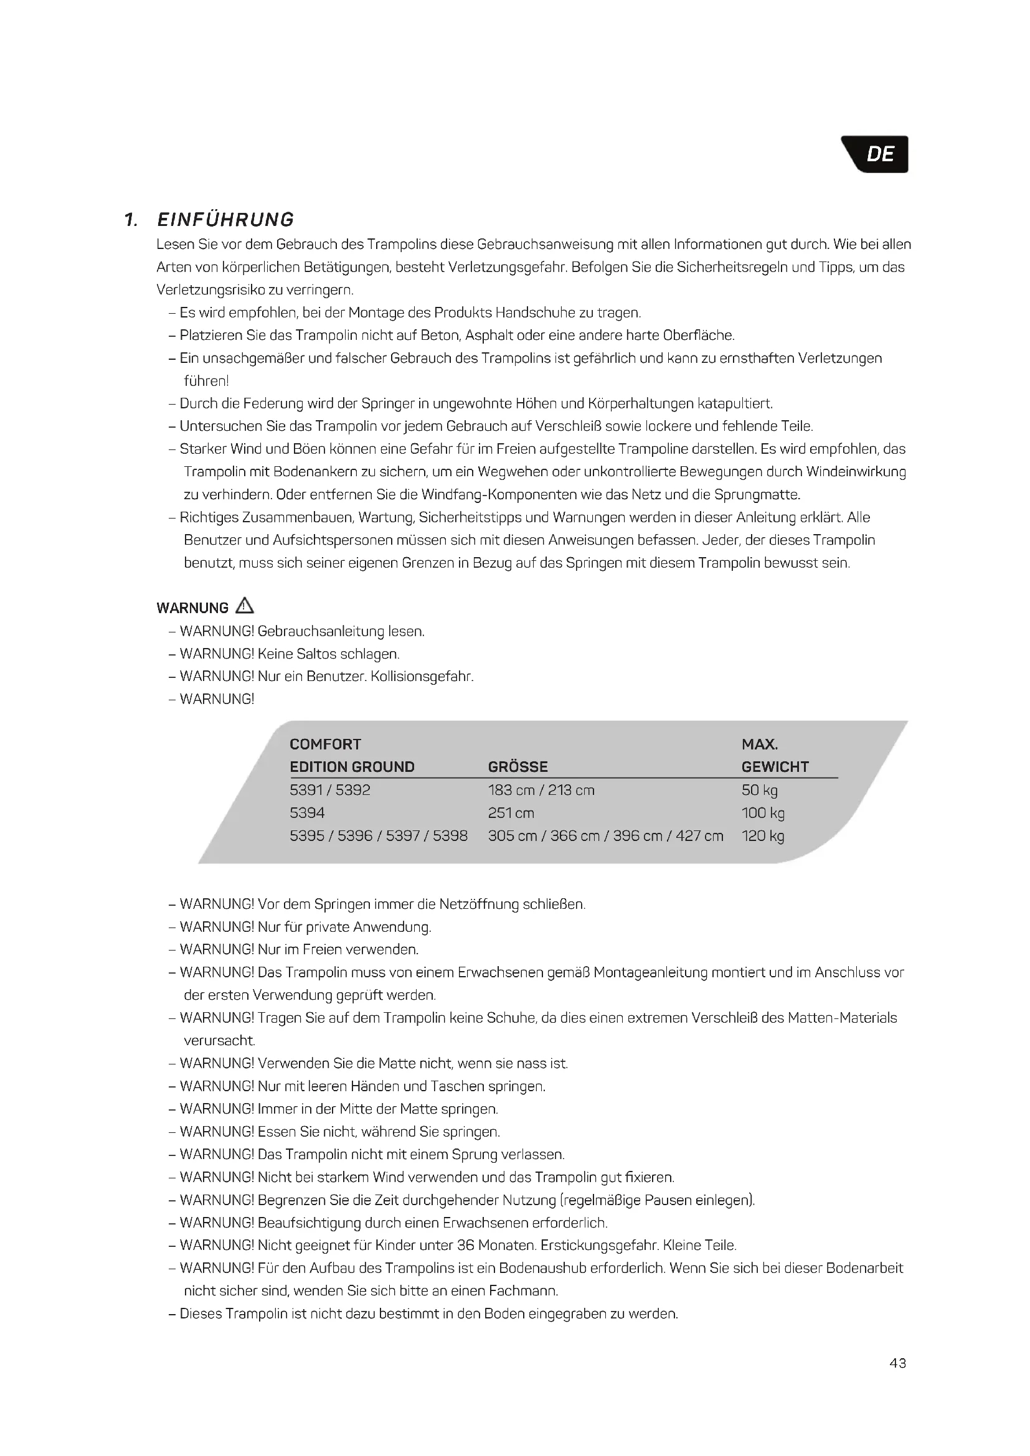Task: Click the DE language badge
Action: (x=879, y=154)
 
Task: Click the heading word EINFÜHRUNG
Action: (x=225, y=219)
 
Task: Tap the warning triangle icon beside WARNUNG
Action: (x=244, y=606)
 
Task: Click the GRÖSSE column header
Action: (x=517, y=767)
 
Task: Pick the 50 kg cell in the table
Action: (x=759, y=790)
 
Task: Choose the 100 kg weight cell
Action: (x=762, y=813)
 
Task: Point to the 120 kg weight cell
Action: (x=762, y=836)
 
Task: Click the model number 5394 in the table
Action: (x=307, y=813)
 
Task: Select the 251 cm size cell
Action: (x=511, y=813)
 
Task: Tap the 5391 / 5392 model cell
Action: (x=330, y=790)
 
